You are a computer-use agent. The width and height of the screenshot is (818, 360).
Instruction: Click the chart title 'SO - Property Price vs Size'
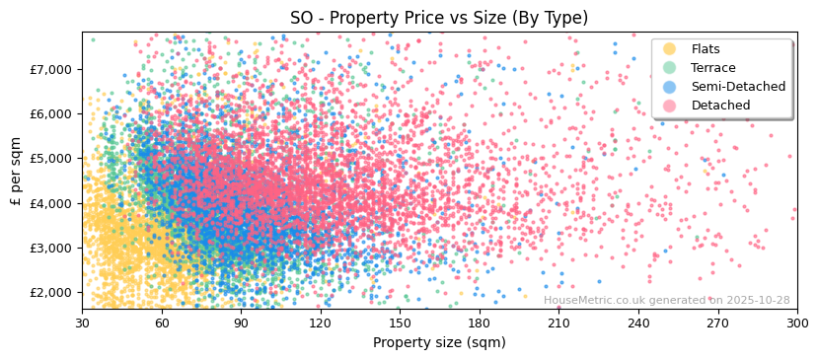[x=439, y=18]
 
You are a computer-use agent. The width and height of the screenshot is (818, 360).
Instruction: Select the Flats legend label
[x=706, y=49]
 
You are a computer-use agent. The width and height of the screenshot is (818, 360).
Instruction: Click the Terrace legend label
[x=712, y=68]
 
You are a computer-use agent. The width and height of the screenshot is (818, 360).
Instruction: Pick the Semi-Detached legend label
[x=738, y=87]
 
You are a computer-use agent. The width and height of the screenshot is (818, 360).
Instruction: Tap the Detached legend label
[x=720, y=106]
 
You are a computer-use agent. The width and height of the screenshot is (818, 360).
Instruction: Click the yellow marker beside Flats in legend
[x=670, y=49]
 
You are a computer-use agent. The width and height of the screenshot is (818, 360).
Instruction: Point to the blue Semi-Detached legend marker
[x=670, y=87]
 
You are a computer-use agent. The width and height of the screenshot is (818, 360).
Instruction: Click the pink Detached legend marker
[x=670, y=106]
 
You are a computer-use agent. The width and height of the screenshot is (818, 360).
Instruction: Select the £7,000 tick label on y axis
[x=51, y=69]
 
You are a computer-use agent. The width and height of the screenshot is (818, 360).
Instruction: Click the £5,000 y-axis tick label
[x=51, y=158]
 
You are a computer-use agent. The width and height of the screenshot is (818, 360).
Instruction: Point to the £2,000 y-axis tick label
[x=51, y=292]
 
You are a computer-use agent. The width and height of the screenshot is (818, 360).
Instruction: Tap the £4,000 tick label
[x=51, y=203]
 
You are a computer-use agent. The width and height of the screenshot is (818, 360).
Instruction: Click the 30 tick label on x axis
[x=82, y=323]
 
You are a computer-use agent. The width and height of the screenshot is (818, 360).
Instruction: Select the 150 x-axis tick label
[x=400, y=323]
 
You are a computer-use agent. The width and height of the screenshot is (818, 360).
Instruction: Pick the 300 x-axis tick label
[x=796, y=323]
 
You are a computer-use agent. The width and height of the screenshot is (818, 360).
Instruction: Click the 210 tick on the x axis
[x=558, y=323]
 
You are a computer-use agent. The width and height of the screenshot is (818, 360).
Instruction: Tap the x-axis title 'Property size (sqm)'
[x=439, y=342]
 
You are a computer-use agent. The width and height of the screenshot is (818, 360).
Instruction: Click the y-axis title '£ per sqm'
[x=16, y=172]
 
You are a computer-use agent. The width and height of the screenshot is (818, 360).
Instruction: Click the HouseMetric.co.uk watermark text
[x=666, y=301]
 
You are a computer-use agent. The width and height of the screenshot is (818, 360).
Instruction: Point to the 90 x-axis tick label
[x=241, y=323]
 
